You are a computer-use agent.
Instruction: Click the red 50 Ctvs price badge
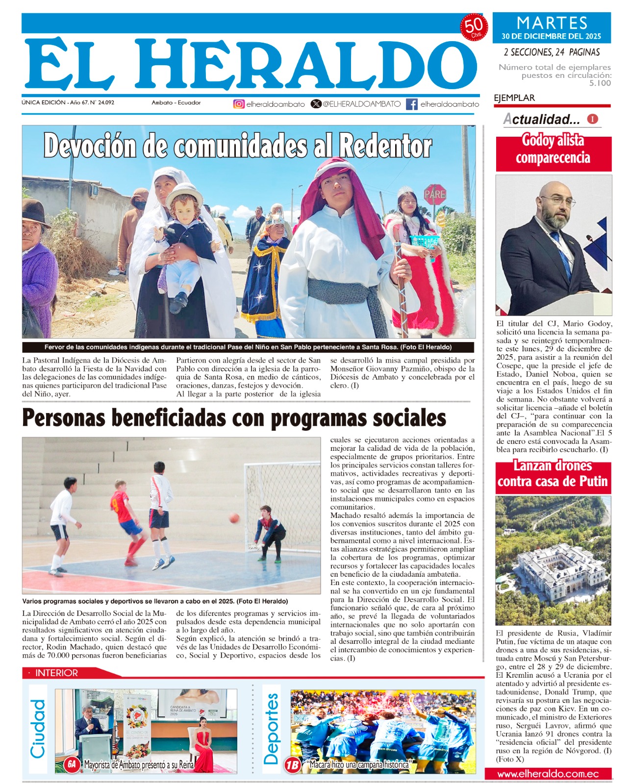[x=473, y=27]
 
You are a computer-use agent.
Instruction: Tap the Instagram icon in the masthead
[x=239, y=104]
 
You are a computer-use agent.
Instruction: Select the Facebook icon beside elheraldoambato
[x=412, y=104]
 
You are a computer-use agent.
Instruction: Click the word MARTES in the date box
[x=552, y=23]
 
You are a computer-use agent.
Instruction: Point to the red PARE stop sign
[x=434, y=195]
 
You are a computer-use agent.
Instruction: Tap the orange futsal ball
[x=234, y=518]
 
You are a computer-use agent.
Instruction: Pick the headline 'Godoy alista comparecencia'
[x=553, y=149]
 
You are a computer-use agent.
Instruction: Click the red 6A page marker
[x=72, y=764]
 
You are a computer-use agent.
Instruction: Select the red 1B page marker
[x=293, y=764]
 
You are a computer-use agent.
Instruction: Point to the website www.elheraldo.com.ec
[x=548, y=774]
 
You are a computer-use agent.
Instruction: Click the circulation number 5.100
[x=600, y=83]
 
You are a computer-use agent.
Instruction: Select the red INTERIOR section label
[x=56, y=673]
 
